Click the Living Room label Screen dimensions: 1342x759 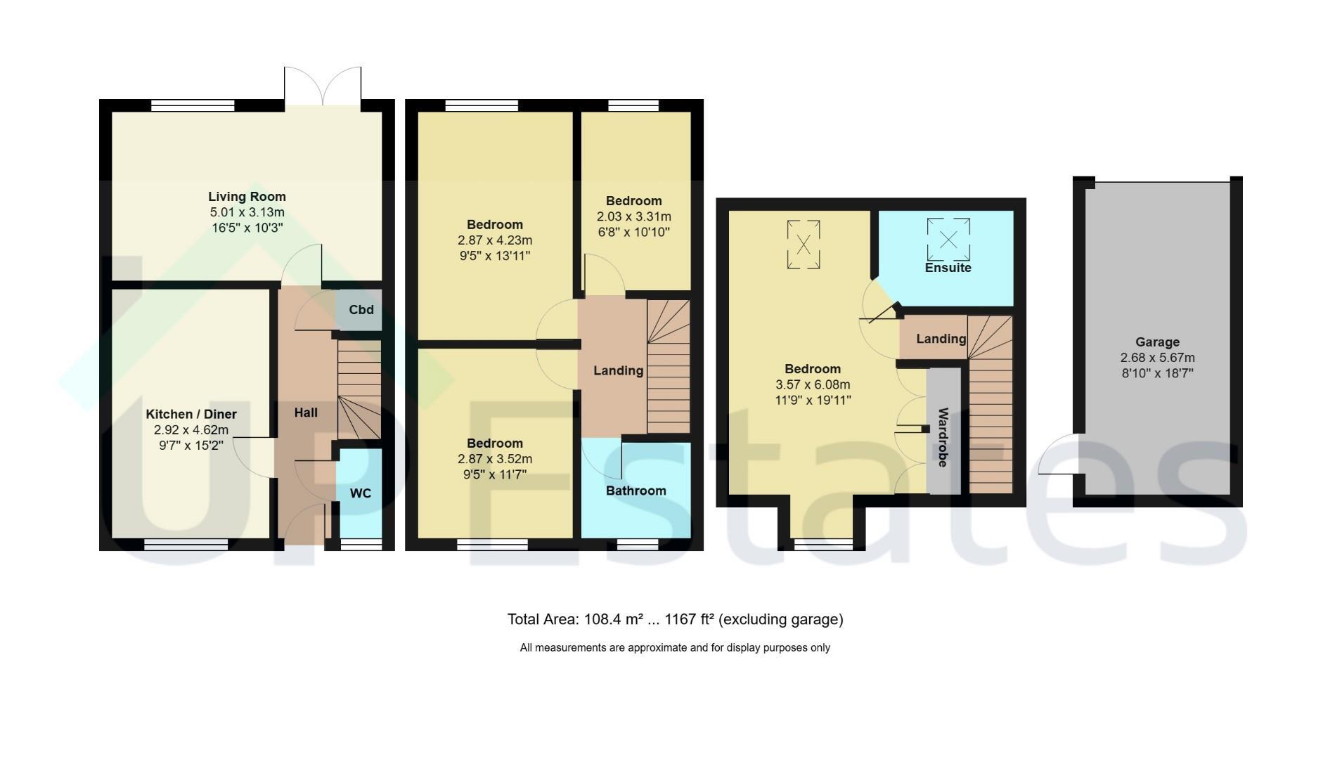click(x=247, y=197)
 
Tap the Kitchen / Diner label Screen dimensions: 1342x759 click(x=191, y=415)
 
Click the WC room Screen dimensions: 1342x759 click(x=361, y=493)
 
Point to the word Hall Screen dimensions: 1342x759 click(x=306, y=413)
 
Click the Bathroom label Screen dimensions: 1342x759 click(x=636, y=491)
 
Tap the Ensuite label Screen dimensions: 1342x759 click(x=948, y=268)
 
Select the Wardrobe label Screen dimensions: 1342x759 click(x=943, y=437)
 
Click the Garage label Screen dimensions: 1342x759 click(x=1158, y=342)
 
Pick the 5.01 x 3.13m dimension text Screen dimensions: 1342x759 click(x=247, y=212)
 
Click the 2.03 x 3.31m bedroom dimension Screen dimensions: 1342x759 click(x=634, y=216)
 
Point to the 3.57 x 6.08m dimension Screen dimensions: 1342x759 click(x=813, y=384)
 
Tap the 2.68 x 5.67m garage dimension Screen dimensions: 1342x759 click(x=1158, y=358)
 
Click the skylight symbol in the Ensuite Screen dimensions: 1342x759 click(x=948, y=240)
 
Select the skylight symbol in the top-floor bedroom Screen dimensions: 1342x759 click(x=804, y=245)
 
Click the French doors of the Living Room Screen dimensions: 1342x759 click(x=323, y=86)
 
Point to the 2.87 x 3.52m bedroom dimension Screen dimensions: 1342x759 click(x=495, y=459)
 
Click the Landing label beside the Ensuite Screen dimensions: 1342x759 click(x=941, y=339)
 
